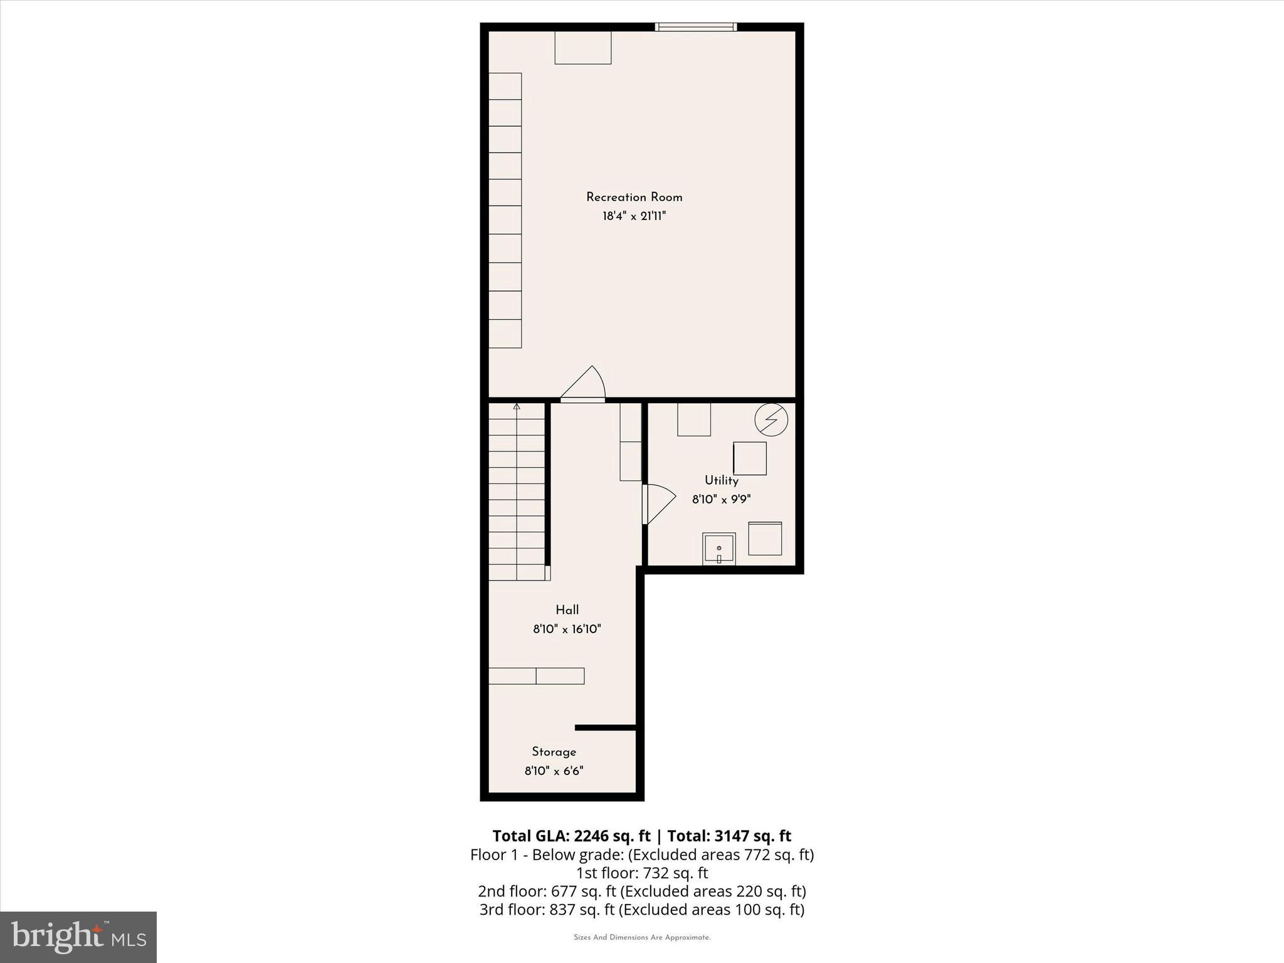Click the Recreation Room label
(x=634, y=197)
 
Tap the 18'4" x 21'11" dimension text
(x=634, y=216)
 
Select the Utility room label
(x=721, y=480)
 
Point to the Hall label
(x=567, y=610)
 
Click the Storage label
(x=554, y=752)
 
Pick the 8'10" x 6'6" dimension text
(x=554, y=771)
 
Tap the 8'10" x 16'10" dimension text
(x=567, y=629)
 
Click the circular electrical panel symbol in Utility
(x=771, y=419)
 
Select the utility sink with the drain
(x=718, y=549)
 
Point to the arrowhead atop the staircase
(x=517, y=407)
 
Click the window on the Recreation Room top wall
(x=695, y=27)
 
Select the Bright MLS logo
(x=78, y=937)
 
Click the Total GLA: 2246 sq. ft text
(x=571, y=836)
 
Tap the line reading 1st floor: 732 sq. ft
(x=642, y=873)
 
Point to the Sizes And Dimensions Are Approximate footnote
(x=642, y=938)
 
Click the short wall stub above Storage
(x=606, y=728)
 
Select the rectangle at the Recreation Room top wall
(x=582, y=48)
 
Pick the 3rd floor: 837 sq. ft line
(x=642, y=909)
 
